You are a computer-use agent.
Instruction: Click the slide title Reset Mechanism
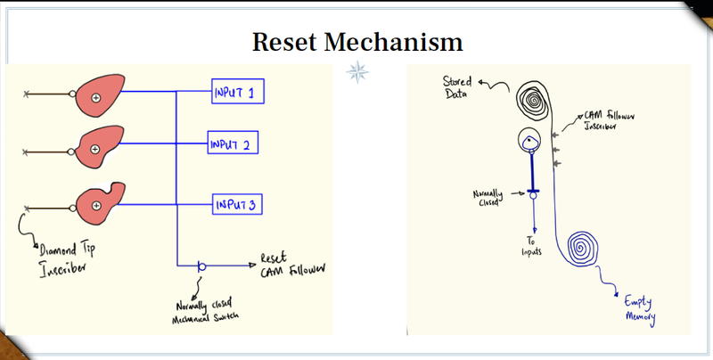pos(356,42)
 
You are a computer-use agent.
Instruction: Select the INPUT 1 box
pos(238,92)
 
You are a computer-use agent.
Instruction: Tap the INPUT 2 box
pos(233,143)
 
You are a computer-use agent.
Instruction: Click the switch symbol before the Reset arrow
pos(201,266)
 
